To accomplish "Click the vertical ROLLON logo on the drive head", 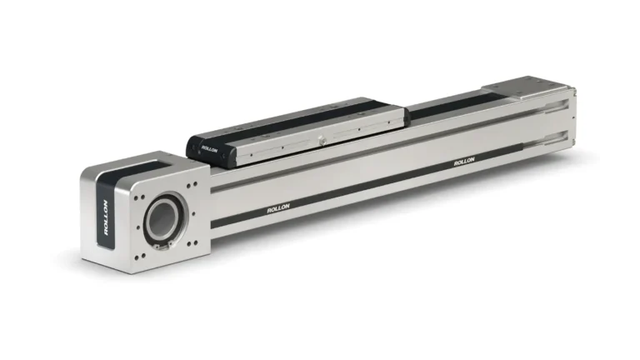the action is pyautogui.click(x=106, y=217).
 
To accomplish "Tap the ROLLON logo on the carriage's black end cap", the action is pyautogui.click(x=209, y=148).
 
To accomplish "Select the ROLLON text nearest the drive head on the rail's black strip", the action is pyautogui.click(x=278, y=208).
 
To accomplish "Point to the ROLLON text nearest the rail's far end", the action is pyautogui.click(x=464, y=161).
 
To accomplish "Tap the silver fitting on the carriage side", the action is pyautogui.click(x=322, y=141).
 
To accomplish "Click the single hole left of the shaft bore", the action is pyautogui.click(x=138, y=227).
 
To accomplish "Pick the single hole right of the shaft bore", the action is pyautogui.click(x=193, y=213).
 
